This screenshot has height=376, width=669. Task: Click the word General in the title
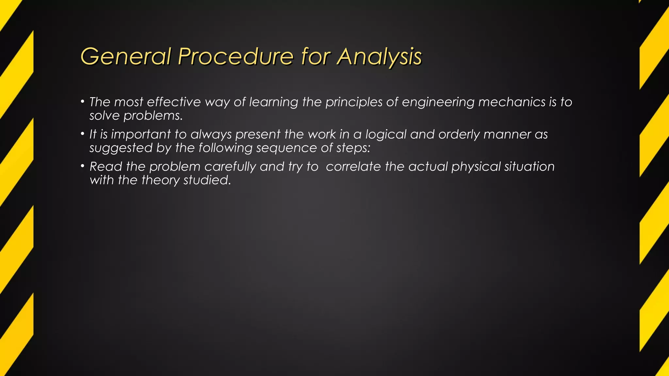126,56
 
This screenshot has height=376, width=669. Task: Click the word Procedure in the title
236,56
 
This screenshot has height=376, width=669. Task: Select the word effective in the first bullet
174,102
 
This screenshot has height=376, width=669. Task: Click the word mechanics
512,102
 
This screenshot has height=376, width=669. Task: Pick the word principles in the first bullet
354,102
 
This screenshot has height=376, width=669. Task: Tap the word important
141,134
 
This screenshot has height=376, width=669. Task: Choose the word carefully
230,167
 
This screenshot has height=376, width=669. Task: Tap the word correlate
353,166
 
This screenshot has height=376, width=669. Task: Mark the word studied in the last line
207,180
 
